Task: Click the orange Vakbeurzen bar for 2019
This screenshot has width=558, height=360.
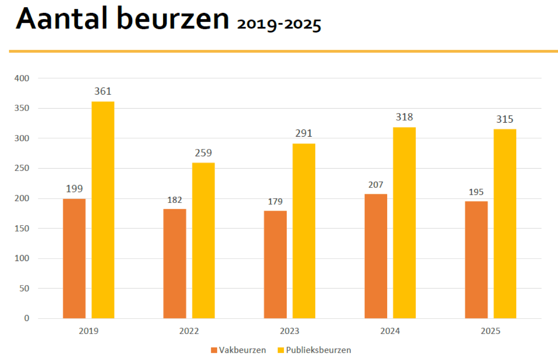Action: click(74, 258)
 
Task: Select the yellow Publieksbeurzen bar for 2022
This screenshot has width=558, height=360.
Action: click(203, 240)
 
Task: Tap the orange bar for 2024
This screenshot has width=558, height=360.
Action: click(376, 256)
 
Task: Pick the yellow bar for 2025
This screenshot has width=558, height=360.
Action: click(505, 224)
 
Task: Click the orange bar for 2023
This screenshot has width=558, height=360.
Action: click(275, 264)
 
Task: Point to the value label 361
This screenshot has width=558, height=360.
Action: click(103, 92)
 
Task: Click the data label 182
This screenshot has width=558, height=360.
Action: click(174, 200)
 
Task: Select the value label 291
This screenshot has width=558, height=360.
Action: click(304, 133)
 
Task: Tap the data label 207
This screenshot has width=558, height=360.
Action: click(376, 185)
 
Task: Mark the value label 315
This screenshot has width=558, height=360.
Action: click(505, 119)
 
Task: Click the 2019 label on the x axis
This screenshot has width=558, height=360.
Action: click(88, 331)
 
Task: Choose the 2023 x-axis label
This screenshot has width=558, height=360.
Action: click(290, 331)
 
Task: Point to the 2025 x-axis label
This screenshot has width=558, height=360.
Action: click(490, 331)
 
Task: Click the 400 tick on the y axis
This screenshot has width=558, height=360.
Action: click(22, 78)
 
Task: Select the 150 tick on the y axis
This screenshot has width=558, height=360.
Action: click(22, 228)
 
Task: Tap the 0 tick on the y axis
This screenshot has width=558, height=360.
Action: click(27, 318)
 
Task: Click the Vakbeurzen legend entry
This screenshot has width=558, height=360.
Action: click(238, 350)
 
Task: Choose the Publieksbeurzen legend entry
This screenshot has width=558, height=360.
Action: click(314, 350)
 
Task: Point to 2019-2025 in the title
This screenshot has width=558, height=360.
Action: click(279, 24)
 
